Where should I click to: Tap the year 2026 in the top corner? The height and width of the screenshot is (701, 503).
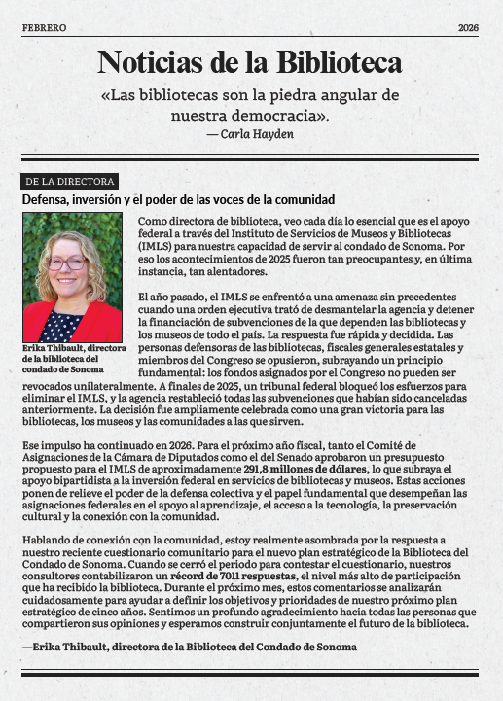468,28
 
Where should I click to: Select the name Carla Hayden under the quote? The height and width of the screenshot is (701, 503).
257,134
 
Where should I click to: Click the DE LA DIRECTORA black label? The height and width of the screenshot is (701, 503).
69,182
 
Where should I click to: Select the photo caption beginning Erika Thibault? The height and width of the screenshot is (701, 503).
71,358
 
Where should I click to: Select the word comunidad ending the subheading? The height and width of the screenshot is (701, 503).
293,200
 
